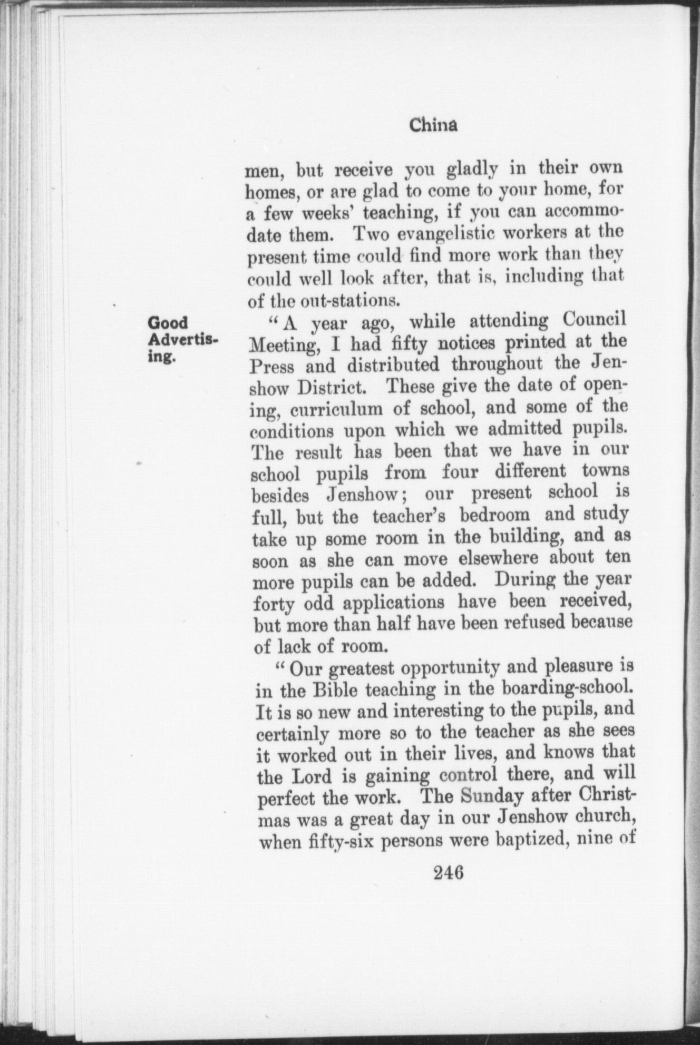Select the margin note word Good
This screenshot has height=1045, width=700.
click(x=168, y=322)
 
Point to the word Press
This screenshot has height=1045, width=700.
click(x=272, y=366)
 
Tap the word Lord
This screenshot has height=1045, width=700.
click(x=313, y=777)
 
